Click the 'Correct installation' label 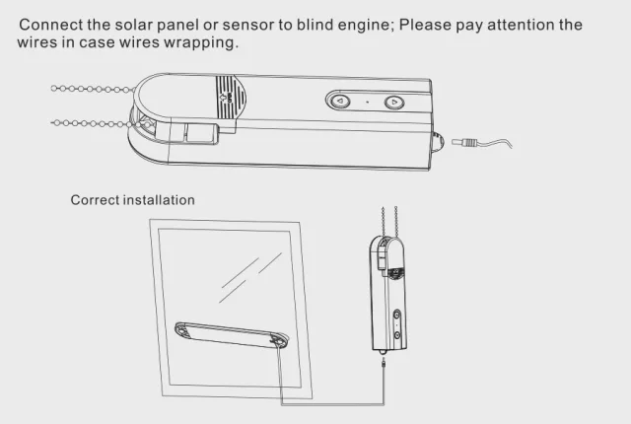click(x=132, y=200)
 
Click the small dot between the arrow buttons click(x=366, y=101)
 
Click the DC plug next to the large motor click(x=462, y=144)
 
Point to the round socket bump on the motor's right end click(x=438, y=141)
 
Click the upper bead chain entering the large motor click(x=99, y=89)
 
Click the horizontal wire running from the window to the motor click(x=330, y=403)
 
